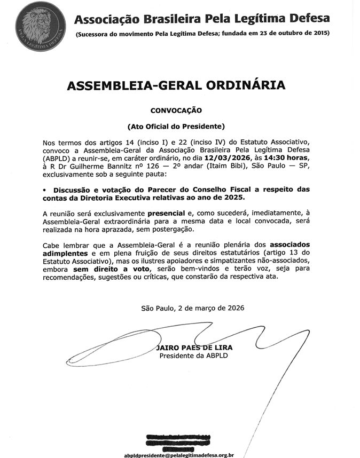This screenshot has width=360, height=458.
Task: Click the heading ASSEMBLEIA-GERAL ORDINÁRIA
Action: click(176, 86)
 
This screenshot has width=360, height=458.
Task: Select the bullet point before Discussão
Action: click(46, 189)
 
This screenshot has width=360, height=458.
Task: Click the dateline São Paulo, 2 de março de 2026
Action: click(193, 308)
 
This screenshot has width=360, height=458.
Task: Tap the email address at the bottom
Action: click(179, 455)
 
